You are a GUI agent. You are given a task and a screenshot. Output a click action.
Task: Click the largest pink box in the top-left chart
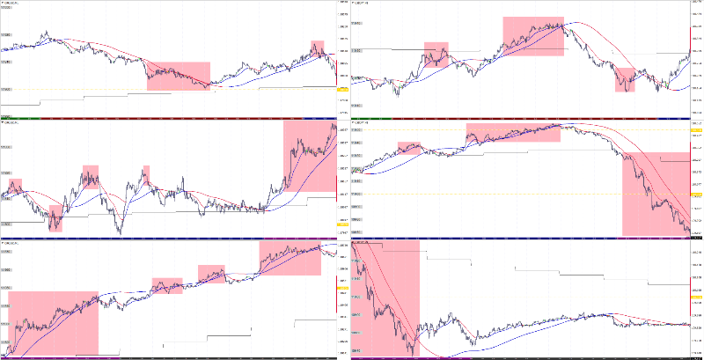[x=179, y=76]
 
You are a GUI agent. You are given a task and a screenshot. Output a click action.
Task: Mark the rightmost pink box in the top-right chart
[x=625, y=79]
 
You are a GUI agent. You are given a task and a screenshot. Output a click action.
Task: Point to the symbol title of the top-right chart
[x=362, y=4]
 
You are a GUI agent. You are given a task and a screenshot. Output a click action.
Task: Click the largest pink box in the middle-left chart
[x=310, y=157]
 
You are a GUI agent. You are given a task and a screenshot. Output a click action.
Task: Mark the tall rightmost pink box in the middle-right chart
[x=655, y=194]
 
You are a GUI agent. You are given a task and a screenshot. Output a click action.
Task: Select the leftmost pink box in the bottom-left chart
[x=52, y=322]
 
